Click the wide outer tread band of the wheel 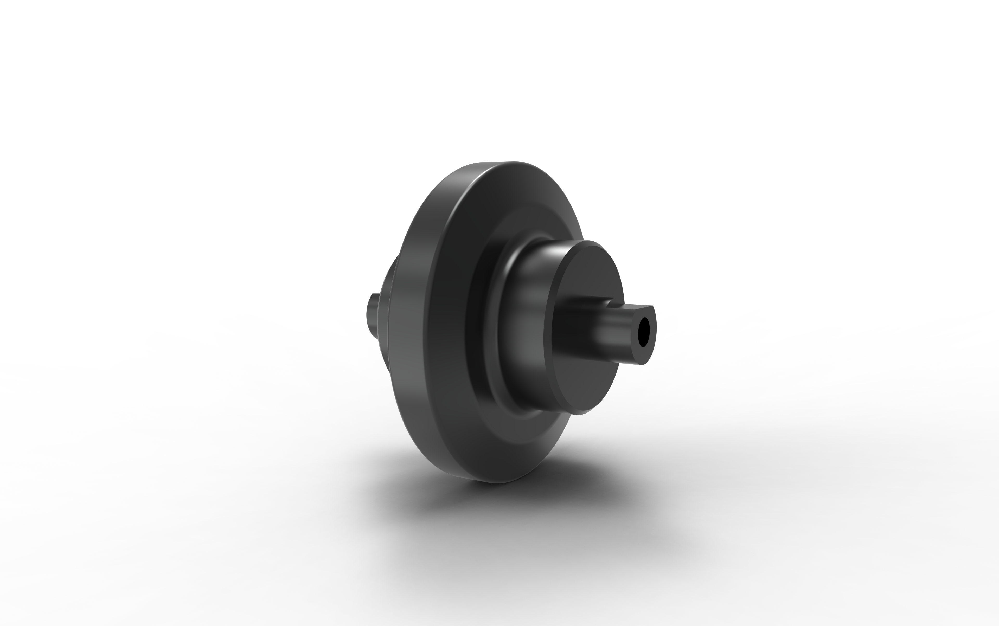point(410,331)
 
